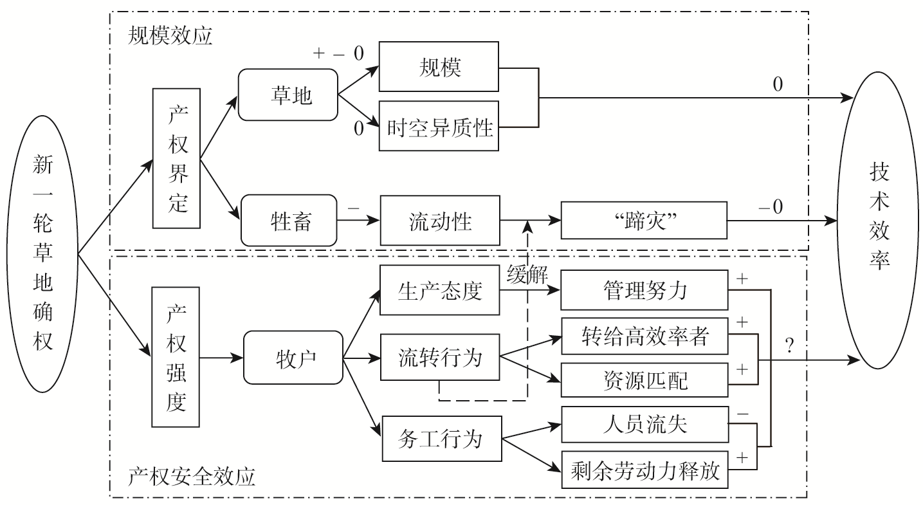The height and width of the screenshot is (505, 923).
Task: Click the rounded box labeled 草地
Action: [x=288, y=95]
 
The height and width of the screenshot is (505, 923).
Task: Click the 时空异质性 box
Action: [x=439, y=127]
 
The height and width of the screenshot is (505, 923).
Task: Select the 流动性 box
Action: [x=439, y=222]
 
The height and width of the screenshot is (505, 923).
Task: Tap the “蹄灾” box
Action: [x=644, y=222]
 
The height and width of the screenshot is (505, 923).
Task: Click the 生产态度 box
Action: [x=439, y=291]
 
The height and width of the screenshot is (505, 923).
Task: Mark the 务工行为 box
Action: [x=441, y=439]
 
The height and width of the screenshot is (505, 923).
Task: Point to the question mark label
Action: [x=790, y=345]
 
